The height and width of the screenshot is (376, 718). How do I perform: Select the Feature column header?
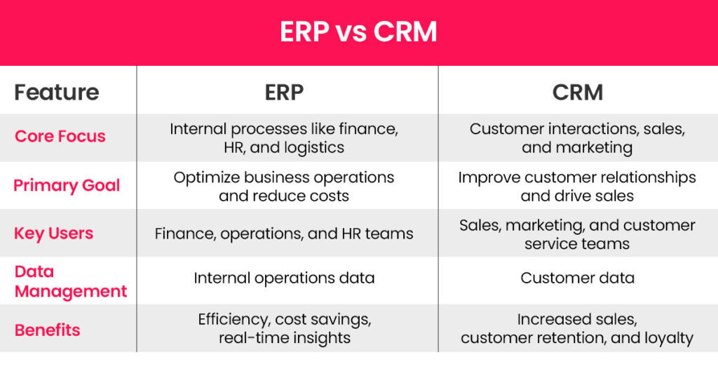click(57, 92)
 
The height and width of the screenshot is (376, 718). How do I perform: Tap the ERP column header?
click(284, 92)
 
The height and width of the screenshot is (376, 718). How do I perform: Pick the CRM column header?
click(577, 92)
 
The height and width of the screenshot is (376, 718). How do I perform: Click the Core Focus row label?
click(60, 136)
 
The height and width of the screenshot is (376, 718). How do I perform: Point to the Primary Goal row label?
click(67, 185)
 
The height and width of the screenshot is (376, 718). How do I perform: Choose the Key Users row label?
click(54, 234)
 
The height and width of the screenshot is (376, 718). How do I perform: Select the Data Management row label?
click(70, 281)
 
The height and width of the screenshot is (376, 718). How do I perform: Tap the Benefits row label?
click(47, 330)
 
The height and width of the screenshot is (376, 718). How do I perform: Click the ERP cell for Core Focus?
click(284, 138)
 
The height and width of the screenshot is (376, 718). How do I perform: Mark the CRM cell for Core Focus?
click(577, 138)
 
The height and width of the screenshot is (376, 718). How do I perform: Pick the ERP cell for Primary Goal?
click(284, 186)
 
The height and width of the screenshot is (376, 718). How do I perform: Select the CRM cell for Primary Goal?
click(577, 186)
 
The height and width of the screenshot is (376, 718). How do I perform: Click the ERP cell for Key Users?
click(284, 234)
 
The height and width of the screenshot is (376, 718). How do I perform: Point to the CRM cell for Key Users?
click(577, 234)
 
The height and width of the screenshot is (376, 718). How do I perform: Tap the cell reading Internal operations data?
click(284, 278)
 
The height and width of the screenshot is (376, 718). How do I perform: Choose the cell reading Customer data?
click(577, 278)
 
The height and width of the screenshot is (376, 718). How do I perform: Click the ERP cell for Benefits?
click(284, 328)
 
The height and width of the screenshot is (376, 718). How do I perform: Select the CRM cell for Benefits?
click(577, 328)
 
